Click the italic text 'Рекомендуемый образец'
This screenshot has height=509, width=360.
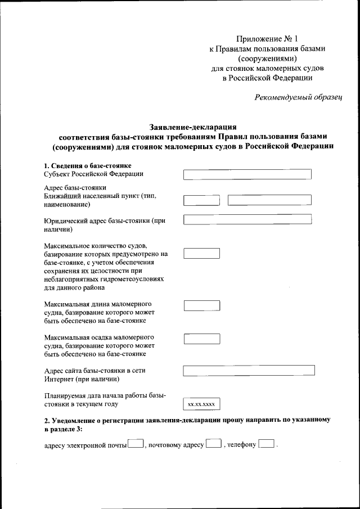coord(298,97)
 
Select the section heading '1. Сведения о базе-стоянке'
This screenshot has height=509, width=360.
coord(88,165)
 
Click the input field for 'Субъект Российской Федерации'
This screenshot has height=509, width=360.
coord(247,174)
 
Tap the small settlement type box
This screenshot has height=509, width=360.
coord(202,200)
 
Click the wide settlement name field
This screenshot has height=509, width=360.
coord(269,200)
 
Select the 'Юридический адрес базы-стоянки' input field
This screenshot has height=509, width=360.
coord(247,220)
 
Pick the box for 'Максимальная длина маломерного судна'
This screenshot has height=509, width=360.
coord(202,305)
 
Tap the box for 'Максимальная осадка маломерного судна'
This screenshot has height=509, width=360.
coord(202,339)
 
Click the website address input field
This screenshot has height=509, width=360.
coord(249,371)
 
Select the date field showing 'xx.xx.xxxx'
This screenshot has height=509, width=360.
coord(202,404)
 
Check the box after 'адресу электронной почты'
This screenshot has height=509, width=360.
coord(136,445)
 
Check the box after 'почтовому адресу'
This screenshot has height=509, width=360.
coord(213,445)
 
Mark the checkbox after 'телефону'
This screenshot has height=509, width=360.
coord(266,445)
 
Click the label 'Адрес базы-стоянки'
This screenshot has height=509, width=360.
coord(75,187)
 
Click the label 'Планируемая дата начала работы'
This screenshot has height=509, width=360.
coord(105,395)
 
